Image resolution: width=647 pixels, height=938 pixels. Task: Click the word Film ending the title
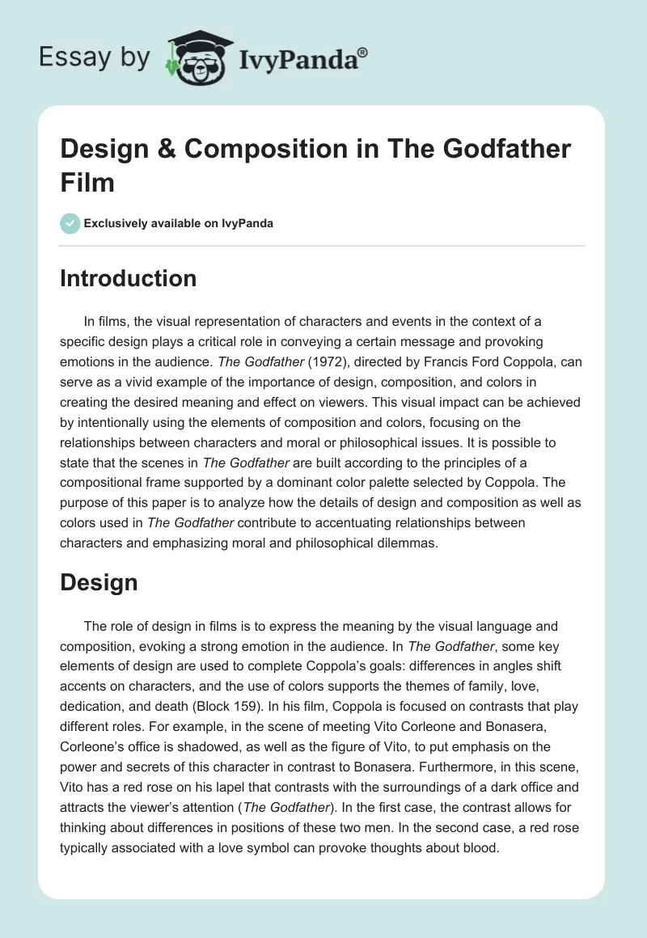87,182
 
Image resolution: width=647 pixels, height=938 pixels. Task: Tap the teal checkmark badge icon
70,223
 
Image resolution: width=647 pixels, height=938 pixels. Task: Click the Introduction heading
129,278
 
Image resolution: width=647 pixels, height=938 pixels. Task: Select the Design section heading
99,582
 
